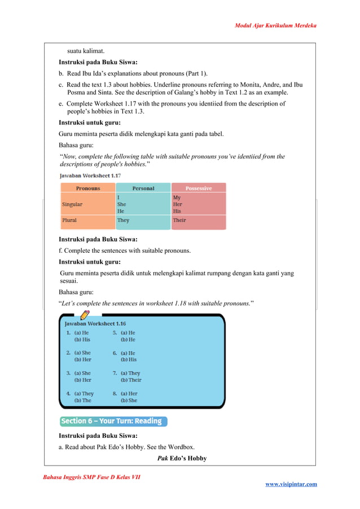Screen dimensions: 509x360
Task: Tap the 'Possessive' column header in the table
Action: coord(198,188)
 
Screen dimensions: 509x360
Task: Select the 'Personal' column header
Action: coord(143,188)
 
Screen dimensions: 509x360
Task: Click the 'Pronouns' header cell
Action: coord(87,188)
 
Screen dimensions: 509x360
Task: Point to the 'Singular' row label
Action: coord(72,204)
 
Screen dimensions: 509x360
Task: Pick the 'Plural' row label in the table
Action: coord(69,221)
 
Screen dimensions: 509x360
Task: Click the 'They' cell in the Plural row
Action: coord(123,221)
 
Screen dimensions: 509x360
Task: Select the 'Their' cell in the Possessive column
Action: coord(179,221)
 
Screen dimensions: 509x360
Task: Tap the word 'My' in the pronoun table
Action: coord(177,198)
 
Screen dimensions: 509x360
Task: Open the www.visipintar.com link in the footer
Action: coord(291,484)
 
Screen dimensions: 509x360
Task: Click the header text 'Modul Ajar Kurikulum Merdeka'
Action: coord(275,26)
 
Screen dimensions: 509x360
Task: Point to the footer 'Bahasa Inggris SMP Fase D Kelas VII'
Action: coord(91,478)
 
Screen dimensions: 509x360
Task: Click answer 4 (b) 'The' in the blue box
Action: coord(82,401)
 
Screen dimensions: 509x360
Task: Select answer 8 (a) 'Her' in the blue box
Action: coord(129,394)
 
